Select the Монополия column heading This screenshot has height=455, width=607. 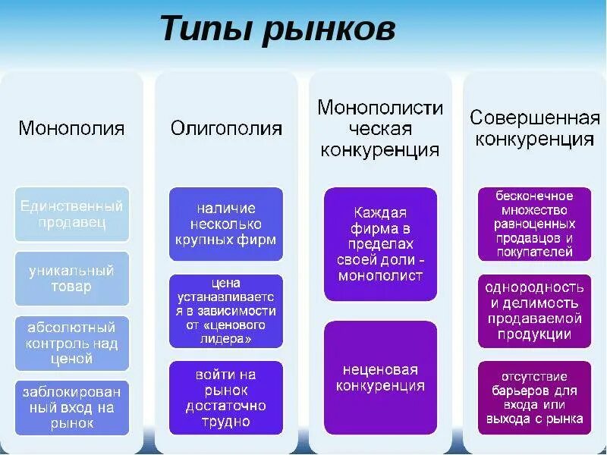click(x=71, y=128)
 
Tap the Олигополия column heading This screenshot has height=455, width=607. click(x=226, y=128)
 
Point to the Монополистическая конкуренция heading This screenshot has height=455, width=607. click(x=380, y=128)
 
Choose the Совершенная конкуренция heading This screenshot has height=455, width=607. click(x=534, y=128)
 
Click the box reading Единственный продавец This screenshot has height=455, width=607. click(x=72, y=214)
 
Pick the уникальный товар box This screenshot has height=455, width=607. click(x=72, y=278)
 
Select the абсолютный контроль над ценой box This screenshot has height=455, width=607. click(x=72, y=343)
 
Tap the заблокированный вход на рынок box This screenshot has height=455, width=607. click(x=72, y=407)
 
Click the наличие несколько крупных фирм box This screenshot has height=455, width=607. click(x=226, y=224)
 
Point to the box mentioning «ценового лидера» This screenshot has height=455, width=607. click(x=226, y=311)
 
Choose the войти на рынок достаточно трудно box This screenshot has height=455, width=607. click(x=226, y=398)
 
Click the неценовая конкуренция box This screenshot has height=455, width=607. click(x=381, y=378)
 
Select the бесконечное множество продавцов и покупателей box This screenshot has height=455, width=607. click(x=534, y=224)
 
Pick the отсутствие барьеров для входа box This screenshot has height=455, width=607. click(x=534, y=397)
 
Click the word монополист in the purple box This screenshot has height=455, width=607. click(x=381, y=276)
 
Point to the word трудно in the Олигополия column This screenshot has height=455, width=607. click(x=226, y=422)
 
